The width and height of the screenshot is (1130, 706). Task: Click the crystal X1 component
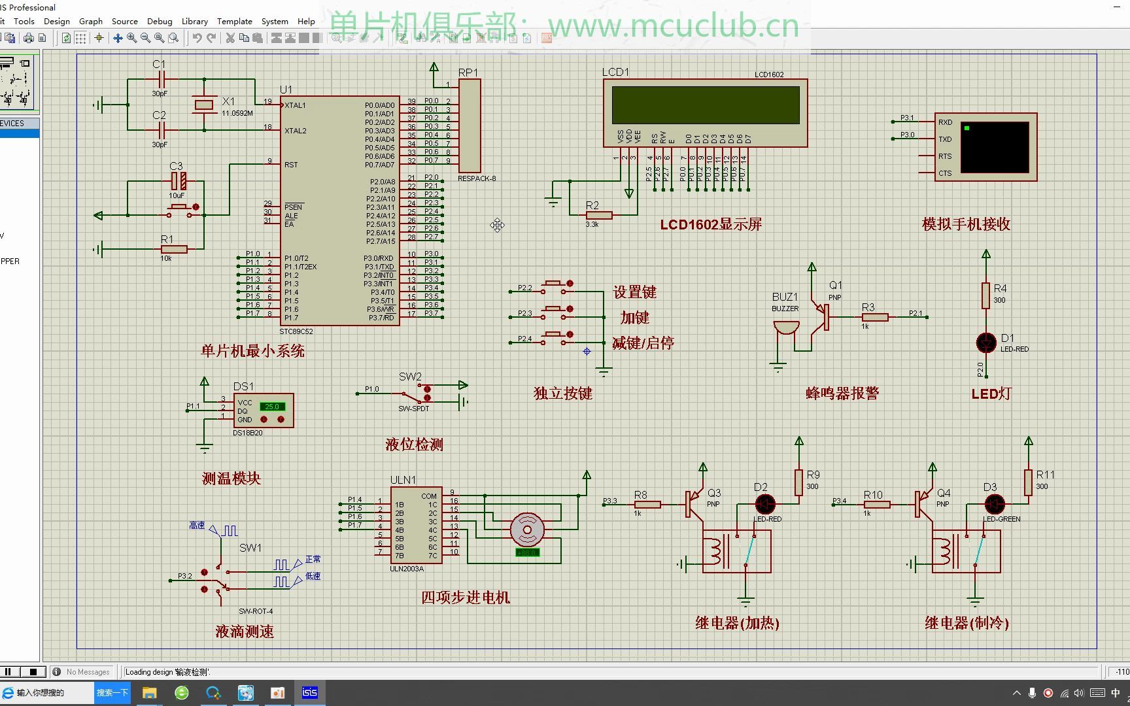[204, 105]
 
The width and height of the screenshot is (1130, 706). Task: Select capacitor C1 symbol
[160, 80]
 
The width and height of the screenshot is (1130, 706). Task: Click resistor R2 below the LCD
[598, 215]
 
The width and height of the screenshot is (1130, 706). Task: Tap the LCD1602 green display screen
[705, 105]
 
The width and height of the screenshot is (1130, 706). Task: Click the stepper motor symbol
[527, 529]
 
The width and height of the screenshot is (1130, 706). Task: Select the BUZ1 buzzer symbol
[785, 328]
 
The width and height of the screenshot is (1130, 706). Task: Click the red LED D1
[985, 342]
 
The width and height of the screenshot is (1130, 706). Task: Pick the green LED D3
[994, 504]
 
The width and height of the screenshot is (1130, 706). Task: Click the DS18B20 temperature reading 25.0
[271, 407]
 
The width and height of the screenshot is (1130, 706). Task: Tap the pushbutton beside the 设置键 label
[556, 284]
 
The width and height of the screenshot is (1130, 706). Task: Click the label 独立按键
[562, 394]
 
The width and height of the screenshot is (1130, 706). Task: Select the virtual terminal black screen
[995, 147]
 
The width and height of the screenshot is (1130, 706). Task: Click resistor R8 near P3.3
[647, 504]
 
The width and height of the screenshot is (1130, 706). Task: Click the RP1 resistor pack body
[470, 126]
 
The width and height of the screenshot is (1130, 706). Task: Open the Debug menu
[160, 21]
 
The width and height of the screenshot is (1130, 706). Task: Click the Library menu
[194, 21]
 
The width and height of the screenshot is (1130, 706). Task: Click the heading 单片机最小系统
[252, 351]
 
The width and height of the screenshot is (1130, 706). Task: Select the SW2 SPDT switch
[413, 394]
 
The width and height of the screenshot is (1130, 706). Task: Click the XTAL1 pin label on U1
[295, 105]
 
